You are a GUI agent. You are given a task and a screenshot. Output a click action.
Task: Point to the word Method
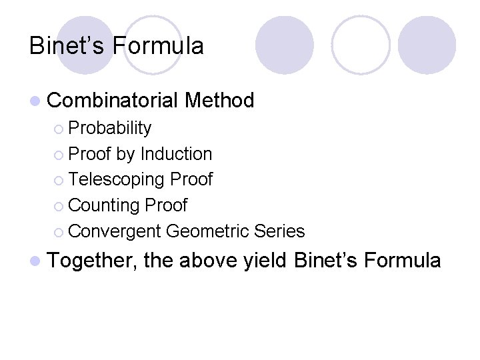coord(219,101)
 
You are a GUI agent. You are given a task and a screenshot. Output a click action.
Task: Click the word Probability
coord(110,128)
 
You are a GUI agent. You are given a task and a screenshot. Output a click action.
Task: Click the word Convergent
coord(115,231)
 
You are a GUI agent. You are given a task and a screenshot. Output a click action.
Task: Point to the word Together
coord(93,260)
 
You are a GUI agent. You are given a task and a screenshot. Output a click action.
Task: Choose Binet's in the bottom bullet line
coord(325,260)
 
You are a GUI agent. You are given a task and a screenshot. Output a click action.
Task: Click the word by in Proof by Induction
coord(125,154)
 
